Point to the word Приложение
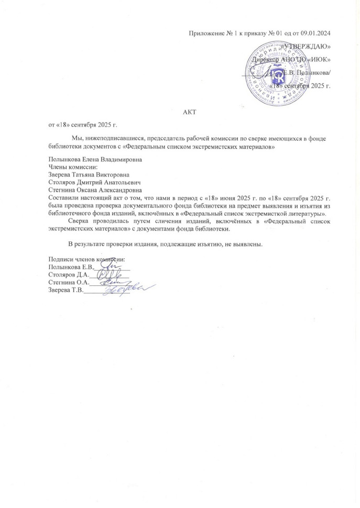[207, 34]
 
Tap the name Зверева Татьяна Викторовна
[89, 175]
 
